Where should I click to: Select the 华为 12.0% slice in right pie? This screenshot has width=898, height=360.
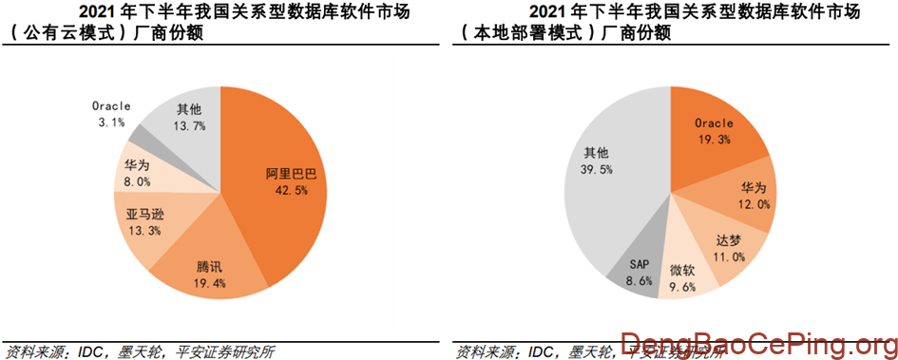point(746,194)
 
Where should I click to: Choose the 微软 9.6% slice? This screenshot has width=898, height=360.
point(682,275)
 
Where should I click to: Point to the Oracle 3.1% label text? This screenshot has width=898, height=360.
point(111,114)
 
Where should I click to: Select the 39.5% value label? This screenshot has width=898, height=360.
point(596,169)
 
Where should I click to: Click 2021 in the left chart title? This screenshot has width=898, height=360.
point(95,11)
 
